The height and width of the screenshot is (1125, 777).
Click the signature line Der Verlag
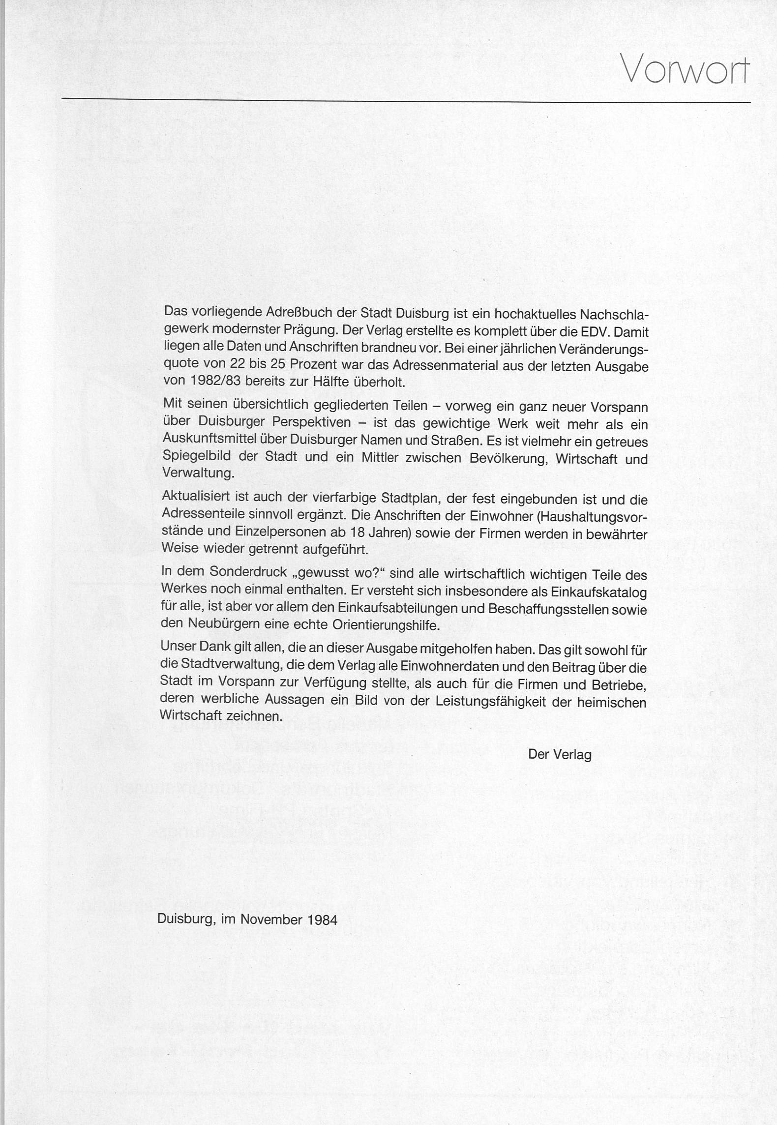(x=560, y=754)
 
